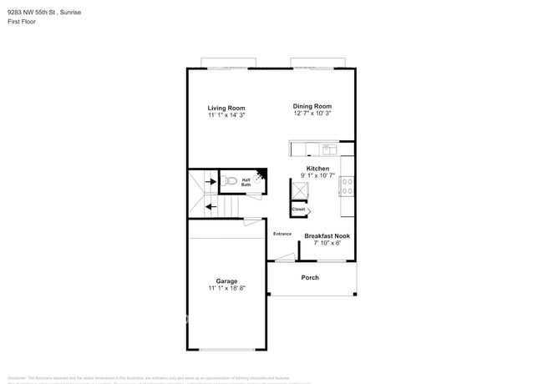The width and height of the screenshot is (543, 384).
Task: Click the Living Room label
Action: [x=226, y=108]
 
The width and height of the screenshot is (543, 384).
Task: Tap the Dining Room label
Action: [x=312, y=106]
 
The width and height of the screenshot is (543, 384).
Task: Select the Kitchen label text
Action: [x=317, y=168]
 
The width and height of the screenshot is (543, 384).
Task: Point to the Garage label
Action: [x=226, y=280]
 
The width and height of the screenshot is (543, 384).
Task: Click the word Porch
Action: [x=310, y=278]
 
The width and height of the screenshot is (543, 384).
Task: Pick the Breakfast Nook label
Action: [x=327, y=235]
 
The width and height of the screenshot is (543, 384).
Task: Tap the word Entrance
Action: [x=282, y=234]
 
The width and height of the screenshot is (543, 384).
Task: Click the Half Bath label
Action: [x=246, y=182]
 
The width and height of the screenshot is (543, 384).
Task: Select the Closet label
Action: [x=298, y=210]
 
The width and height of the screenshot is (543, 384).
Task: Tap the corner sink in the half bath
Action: [x=262, y=175]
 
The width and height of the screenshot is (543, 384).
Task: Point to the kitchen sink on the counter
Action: [x=328, y=149]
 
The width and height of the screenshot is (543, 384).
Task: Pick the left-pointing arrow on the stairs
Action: [x=209, y=205]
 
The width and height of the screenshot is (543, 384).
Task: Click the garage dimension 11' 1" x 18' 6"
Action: [x=226, y=288]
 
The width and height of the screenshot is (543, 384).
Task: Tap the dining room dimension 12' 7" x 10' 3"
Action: [x=312, y=114]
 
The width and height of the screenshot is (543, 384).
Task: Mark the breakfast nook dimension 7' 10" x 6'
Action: [x=327, y=243]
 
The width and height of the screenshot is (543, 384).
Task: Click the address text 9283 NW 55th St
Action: [x=33, y=13]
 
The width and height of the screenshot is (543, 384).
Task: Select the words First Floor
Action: [x=22, y=22]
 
